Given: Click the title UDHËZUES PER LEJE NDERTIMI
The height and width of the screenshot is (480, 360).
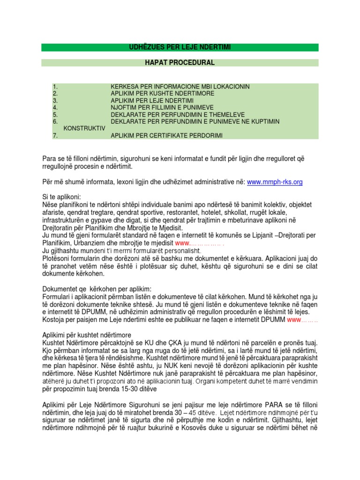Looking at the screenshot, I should tap(180, 47).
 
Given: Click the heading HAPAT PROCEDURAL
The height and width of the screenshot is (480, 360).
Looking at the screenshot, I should tap(180, 62).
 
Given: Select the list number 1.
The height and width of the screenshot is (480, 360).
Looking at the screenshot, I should tap(55, 87).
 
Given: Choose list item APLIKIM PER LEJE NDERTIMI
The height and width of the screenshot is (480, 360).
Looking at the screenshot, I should tap(152, 100).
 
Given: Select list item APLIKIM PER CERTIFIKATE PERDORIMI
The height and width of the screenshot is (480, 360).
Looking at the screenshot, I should tap(166, 135).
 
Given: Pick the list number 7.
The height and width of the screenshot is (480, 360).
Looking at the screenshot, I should tap(55, 135).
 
